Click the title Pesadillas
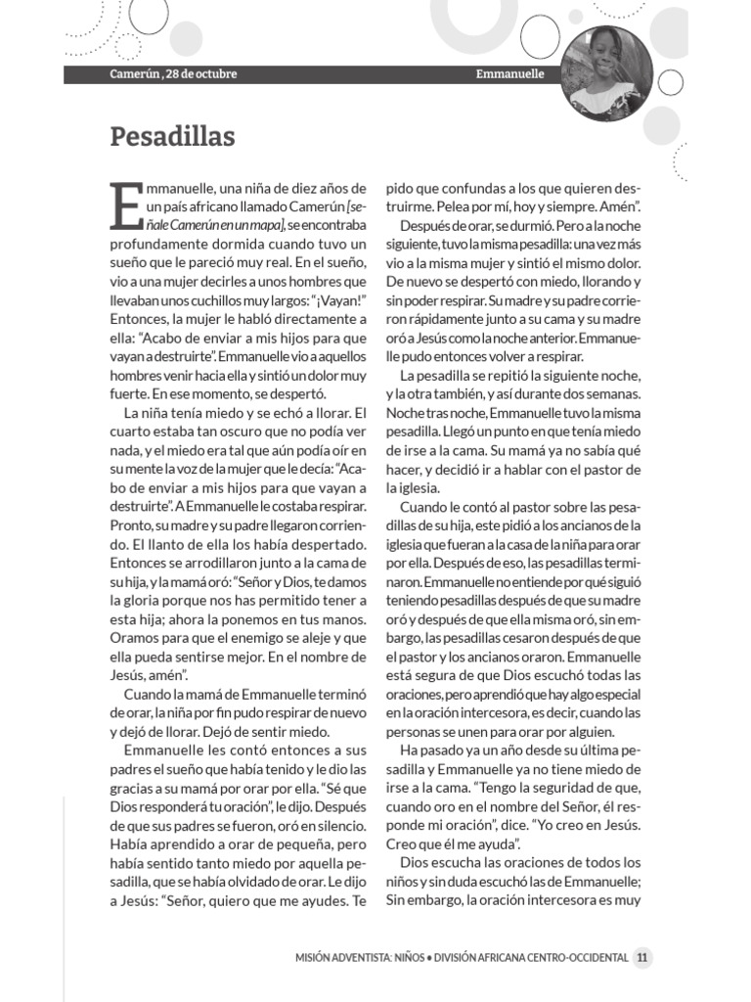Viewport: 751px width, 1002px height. (x=172, y=136)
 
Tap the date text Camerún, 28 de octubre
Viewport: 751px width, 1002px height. (x=173, y=74)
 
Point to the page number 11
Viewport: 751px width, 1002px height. (x=641, y=958)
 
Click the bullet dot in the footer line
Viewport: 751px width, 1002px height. (x=435, y=958)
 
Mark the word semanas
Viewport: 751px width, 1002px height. (x=613, y=393)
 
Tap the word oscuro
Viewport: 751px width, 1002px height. (x=239, y=432)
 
